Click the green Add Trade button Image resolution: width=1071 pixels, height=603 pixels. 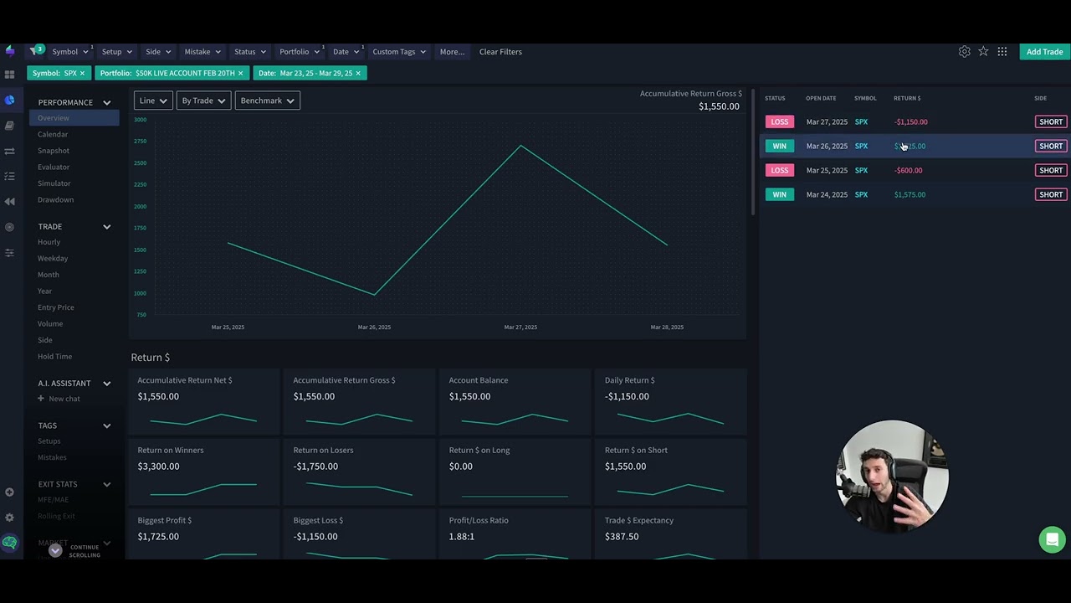(x=1044, y=52)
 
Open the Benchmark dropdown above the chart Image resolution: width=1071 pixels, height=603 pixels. (x=267, y=100)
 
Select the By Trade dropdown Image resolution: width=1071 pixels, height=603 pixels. (x=203, y=100)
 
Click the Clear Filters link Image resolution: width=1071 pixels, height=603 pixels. (x=500, y=52)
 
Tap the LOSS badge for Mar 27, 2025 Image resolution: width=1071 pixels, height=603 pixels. (x=779, y=122)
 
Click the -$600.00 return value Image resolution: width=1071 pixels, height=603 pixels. (x=909, y=171)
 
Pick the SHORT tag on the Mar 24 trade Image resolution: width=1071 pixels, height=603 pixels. (x=1050, y=195)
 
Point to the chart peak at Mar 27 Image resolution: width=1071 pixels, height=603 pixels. (x=520, y=146)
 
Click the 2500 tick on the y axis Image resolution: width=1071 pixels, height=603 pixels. (x=140, y=163)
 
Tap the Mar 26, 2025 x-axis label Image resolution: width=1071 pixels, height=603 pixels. (x=374, y=327)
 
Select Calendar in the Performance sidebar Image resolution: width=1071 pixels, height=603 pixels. (x=53, y=134)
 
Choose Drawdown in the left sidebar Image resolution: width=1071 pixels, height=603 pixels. (x=55, y=199)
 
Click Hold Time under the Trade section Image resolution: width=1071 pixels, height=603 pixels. (x=54, y=357)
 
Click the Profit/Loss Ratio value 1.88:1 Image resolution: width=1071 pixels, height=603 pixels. (x=462, y=537)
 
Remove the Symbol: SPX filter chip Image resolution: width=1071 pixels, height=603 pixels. (x=82, y=74)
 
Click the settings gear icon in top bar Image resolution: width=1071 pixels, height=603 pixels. (x=964, y=52)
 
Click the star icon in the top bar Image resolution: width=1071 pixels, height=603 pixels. (x=983, y=52)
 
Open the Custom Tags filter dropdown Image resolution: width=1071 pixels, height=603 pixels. (x=398, y=52)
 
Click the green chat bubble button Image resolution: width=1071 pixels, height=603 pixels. (x=1052, y=539)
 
